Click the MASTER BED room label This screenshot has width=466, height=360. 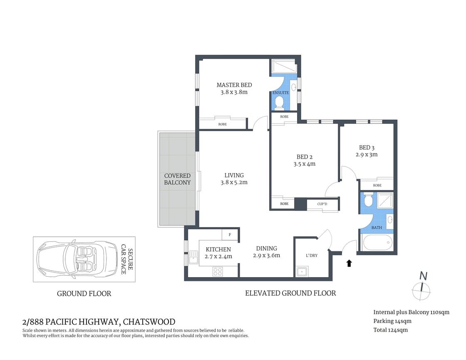tap(234, 85)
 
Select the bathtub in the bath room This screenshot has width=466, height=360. tap(377, 242)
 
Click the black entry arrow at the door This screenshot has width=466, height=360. tap(349, 263)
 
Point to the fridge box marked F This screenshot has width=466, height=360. tap(229, 235)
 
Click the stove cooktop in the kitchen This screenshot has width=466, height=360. tap(218, 271)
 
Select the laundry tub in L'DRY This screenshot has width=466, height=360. tap(302, 272)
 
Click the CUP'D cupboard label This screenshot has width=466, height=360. tap(322, 204)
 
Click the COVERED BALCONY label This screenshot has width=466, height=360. tap(177, 179)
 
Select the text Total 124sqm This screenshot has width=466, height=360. tap(390, 330)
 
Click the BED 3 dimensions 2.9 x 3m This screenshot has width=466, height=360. tap(366, 154)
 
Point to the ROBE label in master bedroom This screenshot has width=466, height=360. tap(223, 124)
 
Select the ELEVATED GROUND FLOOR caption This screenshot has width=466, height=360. tap(290, 293)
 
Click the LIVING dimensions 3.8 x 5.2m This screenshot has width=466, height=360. tap(234, 182)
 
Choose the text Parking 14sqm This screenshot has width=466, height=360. tap(392, 321)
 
